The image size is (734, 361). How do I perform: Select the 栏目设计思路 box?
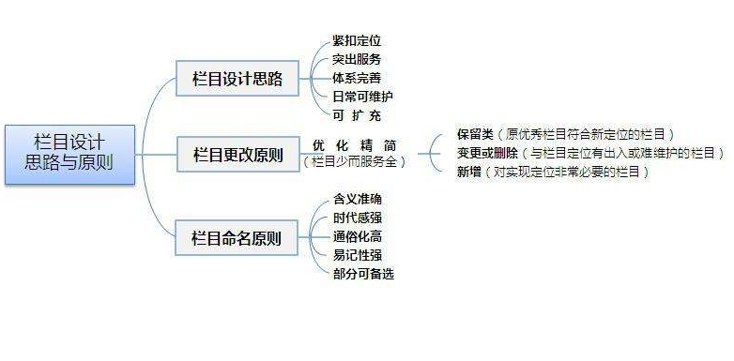pyautogui.click(x=237, y=77)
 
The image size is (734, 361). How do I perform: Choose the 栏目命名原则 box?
pyautogui.click(x=237, y=234)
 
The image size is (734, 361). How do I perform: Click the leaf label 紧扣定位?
pyautogui.click(x=357, y=40)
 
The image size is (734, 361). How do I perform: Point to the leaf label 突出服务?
pyautogui.click(x=357, y=59)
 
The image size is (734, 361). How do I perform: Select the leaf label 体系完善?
pyautogui.click(x=357, y=77)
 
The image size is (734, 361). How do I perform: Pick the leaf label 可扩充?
pyautogui.click(x=357, y=114)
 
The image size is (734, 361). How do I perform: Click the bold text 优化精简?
pyautogui.click(x=354, y=146)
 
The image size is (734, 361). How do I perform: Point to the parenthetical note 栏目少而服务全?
pyautogui.click(x=354, y=162)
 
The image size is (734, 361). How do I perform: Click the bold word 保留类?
pyautogui.click(x=475, y=134)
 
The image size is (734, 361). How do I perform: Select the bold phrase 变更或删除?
pyautogui.click(x=488, y=153)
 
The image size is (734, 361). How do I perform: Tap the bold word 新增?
pyautogui.click(x=468, y=172)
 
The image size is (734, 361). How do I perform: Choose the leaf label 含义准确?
pyautogui.click(x=357, y=199)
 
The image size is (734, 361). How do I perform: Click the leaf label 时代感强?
pyautogui.click(x=357, y=218)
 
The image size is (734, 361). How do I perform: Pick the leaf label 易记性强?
pyautogui.click(x=357, y=254)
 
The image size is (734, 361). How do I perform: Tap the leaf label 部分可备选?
pyautogui.click(x=362, y=273)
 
